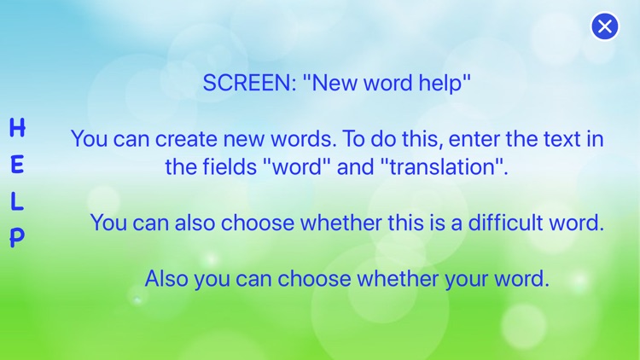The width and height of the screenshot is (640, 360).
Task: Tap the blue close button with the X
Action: click(x=605, y=26)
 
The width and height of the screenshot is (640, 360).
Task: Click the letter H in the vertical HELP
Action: click(x=17, y=129)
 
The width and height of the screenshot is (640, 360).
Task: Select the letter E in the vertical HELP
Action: click(x=17, y=165)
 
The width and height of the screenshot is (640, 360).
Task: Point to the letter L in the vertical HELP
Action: click(x=17, y=202)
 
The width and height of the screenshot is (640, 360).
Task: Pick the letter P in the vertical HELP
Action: click(x=17, y=237)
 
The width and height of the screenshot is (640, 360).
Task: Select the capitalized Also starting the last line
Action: click(x=167, y=278)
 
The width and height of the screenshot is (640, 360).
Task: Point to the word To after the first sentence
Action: click(x=350, y=139)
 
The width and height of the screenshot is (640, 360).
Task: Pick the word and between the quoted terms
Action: click(x=355, y=166)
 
